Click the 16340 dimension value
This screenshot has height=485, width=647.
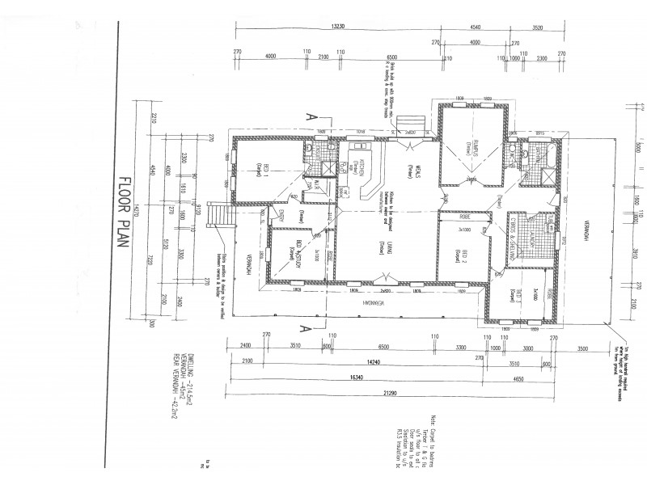(x=349, y=376)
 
